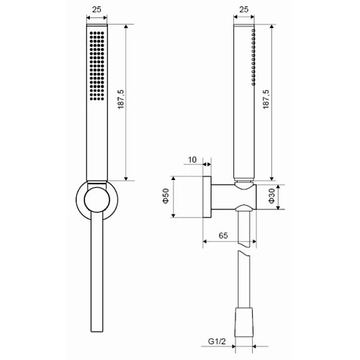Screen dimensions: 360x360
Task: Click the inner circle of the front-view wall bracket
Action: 96,200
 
